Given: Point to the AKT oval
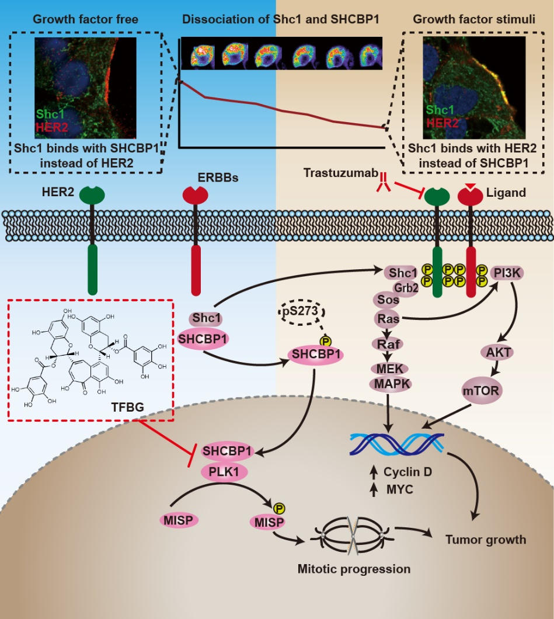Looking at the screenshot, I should click(x=496, y=352).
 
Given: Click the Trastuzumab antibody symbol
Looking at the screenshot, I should click(x=384, y=182).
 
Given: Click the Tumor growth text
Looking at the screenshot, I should click(x=486, y=540).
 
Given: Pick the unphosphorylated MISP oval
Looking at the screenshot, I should click(x=179, y=519).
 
